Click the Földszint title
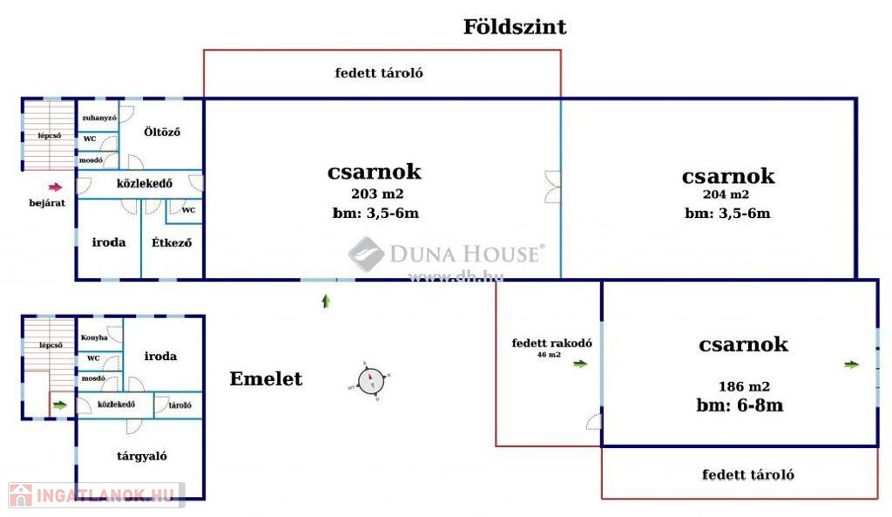pyautogui.click(x=514, y=27)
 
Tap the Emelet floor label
pyautogui.click(x=266, y=379)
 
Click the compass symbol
pyautogui.click(x=370, y=381)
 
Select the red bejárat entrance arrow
pyautogui.click(x=55, y=187)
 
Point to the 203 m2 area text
pyautogui.click(x=377, y=194)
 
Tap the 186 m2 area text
pyautogui.click(x=745, y=386)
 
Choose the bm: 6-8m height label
pyautogui.click(x=740, y=405)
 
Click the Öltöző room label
pyautogui.click(x=162, y=133)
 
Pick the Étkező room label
pyautogui.click(x=172, y=242)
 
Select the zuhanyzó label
pyautogui.click(x=98, y=117)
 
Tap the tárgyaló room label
pyautogui.click(x=142, y=456)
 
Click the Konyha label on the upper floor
pyautogui.click(x=94, y=337)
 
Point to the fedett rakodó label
pyautogui.click(x=551, y=343)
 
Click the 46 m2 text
pyautogui.click(x=548, y=355)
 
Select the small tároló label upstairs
pyautogui.click(x=179, y=405)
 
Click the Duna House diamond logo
pyautogui.click(x=367, y=255)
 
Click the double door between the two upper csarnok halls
pyautogui.click(x=553, y=187)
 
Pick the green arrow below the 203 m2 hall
pyautogui.click(x=326, y=302)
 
